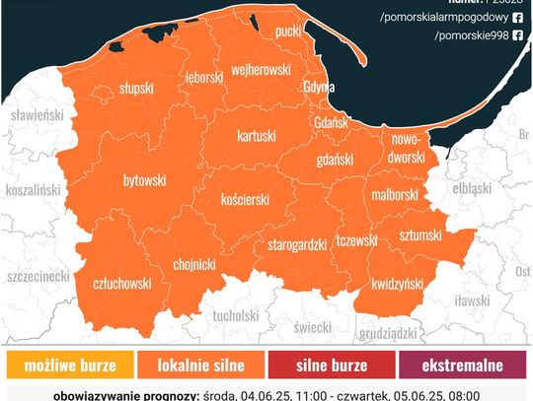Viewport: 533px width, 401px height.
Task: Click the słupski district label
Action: [x=135, y=88]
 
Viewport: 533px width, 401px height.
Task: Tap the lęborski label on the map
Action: [x=204, y=76]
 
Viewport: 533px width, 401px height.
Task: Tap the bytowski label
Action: [x=143, y=181]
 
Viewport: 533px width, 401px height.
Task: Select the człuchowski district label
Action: [x=121, y=283]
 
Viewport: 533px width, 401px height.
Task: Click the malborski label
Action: [x=395, y=195]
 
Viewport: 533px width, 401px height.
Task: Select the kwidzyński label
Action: [x=398, y=284]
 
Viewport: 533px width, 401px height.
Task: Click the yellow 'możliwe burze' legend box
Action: [x=67, y=366]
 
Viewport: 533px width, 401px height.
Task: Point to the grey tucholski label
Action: [x=234, y=316]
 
